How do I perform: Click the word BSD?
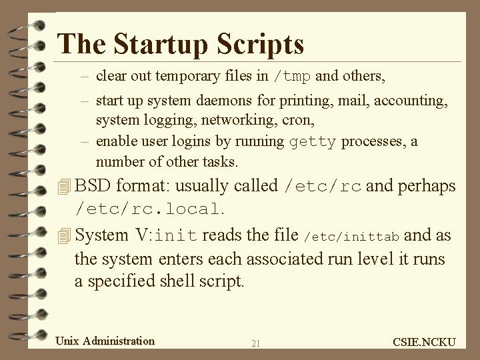click(94, 186)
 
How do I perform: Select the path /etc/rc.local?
click(147, 209)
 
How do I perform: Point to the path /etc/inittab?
click(352, 235)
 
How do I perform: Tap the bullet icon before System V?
click(64, 235)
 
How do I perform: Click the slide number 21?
click(256, 344)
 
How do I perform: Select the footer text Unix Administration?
click(105, 341)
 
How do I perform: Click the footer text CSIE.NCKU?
click(424, 343)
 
